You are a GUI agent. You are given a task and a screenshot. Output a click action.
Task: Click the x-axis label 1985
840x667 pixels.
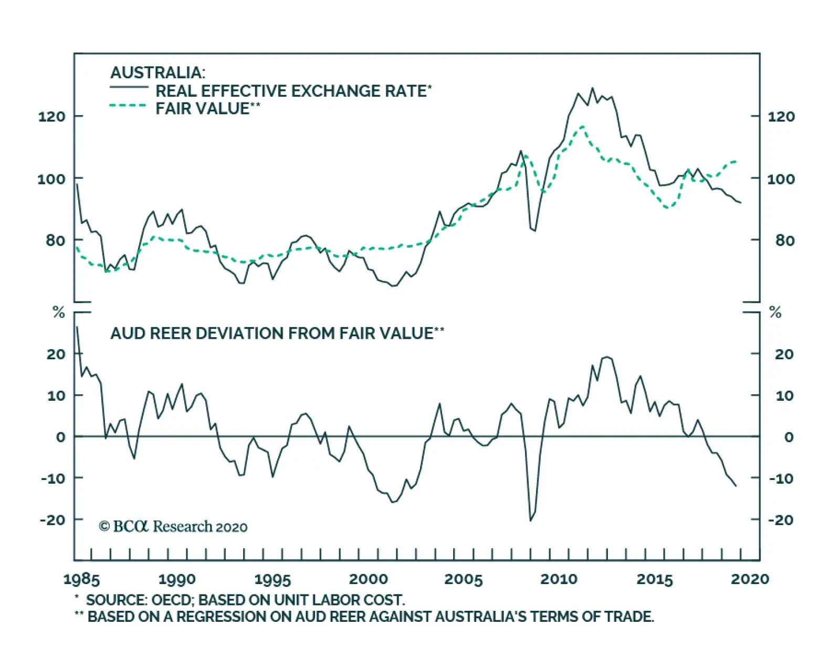[81, 579]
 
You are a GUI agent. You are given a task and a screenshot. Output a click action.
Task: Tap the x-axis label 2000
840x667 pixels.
[369, 579]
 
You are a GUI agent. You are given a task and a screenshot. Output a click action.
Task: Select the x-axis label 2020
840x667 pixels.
[750, 579]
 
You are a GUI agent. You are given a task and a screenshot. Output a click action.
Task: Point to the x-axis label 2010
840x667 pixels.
[559, 579]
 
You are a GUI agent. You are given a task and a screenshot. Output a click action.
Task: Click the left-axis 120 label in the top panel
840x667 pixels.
[51, 116]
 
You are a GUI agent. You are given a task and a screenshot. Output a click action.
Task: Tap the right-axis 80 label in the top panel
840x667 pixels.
[784, 241]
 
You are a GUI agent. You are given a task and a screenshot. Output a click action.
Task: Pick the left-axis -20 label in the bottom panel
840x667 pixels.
[52, 519]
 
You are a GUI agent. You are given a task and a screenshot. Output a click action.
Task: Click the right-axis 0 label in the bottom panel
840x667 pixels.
[789, 437]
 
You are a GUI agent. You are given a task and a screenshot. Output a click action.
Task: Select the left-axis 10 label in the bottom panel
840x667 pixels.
[56, 395]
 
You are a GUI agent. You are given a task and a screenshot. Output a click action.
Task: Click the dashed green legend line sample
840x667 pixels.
[128, 106]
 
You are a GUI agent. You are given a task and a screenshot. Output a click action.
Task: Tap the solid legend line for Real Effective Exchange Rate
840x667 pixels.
[129, 88]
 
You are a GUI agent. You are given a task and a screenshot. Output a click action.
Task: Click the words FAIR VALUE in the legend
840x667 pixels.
[202, 109]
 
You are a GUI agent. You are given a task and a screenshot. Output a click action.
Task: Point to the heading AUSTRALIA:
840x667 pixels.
[157, 72]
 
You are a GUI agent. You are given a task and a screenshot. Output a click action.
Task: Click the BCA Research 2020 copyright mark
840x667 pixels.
[173, 526]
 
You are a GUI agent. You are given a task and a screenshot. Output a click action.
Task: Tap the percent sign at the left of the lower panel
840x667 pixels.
[59, 313]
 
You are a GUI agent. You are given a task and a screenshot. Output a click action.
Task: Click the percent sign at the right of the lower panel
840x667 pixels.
[775, 313]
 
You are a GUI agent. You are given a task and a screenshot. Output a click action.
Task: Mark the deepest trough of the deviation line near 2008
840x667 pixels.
[530, 520]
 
